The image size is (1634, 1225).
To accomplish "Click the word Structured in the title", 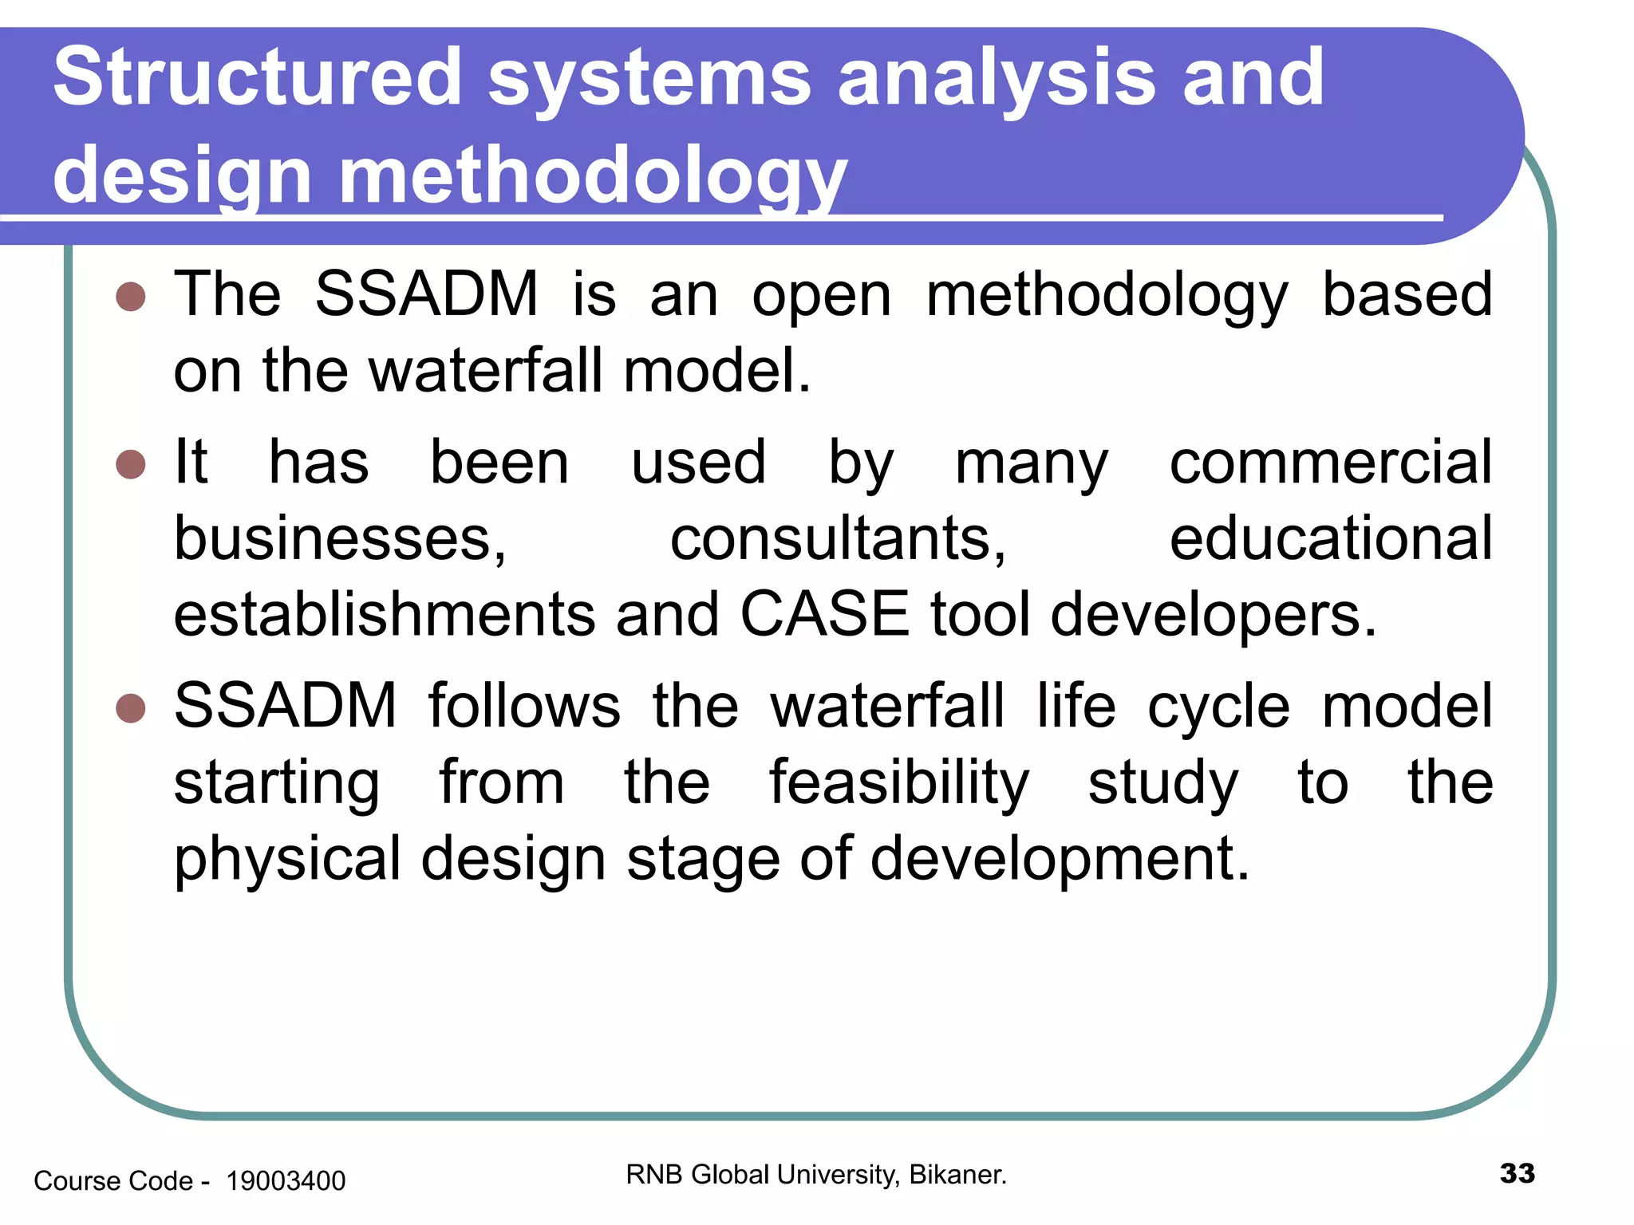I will pyautogui.click(x=257, y=77).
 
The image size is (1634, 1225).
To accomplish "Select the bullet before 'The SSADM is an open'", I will pyautogui.click(x=131, y=297).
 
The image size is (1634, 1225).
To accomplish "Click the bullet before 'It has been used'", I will pyautogui.click(x=131, y=464).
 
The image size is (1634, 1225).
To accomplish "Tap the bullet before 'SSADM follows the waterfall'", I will pyautogui.click(x=131, y=707).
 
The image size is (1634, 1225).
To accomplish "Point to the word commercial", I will pyautogui.click(x=1330, y=463).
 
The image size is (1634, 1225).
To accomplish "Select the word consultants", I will pyautogui.click(x=838, y=539).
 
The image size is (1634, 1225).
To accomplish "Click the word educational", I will pyautogui.click(x=1330, y=539).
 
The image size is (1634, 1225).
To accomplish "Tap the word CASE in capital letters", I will pyautogui.click(x=824, y=615).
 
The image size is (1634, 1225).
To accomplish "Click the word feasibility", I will pyautogui.click(x=899, y=783).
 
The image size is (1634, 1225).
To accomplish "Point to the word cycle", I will pyautogui.click(x=1218, y=707).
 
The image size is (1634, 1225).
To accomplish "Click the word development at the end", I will pyautogui.click(x=1060, y=860).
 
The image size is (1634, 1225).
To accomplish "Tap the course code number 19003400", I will pyautogui.click(x=286, y=1181).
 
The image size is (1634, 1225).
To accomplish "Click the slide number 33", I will pyautogui.click(x=1517, y=1173).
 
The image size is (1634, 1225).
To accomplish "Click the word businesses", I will pyautogui.click(x=340, y=539).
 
